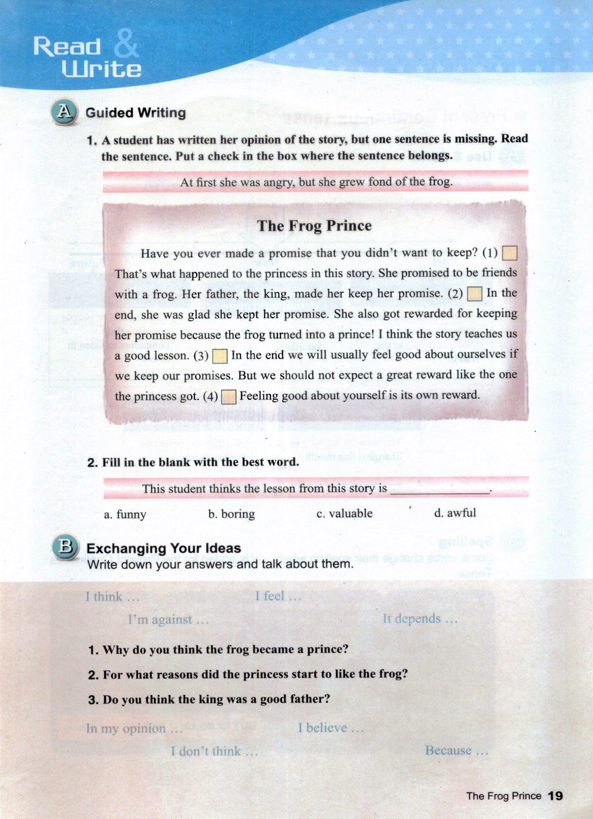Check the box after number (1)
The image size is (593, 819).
(x=510, y=254)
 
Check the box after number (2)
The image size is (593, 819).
(x=474, y=294)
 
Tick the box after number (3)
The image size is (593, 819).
(x=220, y=355)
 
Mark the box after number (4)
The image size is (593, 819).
(x=229, y=396)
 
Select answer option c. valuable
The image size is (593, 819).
(x=345, y=513)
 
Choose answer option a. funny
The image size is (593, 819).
(x=125, y=514)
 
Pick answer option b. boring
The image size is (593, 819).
(x=231, y=514)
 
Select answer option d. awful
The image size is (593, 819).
(x=455, y=513)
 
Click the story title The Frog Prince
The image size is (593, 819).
(x=314, y=226)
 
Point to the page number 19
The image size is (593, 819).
(x=555, y=796)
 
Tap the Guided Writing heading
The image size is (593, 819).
(x=136, y=113)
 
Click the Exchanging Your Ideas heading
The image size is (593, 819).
(x=163, y=548)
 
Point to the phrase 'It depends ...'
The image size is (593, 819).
(x=420, y=619)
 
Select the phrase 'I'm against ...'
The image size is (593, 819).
(x=168, y=620)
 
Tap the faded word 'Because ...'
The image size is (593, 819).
(x=456, y=751)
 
